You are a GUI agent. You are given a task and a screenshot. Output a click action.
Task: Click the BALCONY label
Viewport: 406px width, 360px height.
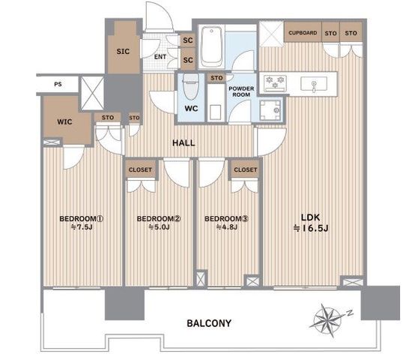[209, 323]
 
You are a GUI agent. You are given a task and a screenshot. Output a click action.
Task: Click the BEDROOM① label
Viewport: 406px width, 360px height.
[82, 219]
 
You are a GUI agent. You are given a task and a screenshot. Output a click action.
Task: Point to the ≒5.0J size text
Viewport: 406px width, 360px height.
[159, 227]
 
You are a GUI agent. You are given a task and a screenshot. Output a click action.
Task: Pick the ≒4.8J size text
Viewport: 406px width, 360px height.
[227, 227]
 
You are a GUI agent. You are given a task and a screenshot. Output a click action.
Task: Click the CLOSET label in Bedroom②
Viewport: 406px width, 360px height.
[140, 169]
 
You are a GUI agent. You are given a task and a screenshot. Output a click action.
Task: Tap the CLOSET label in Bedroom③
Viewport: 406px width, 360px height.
[245, 169]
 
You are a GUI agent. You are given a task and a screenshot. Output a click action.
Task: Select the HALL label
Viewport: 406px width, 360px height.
[184, 142]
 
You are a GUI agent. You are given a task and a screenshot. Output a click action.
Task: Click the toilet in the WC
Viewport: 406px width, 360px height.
[191, 86]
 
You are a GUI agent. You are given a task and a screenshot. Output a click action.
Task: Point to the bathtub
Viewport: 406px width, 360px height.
[212, 46]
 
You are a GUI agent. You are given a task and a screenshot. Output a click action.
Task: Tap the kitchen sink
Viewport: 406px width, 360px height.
[314, 84]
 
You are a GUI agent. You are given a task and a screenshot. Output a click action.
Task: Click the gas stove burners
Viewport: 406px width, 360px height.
[275, 82]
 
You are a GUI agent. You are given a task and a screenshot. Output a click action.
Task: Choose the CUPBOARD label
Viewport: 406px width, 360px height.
[303, 33]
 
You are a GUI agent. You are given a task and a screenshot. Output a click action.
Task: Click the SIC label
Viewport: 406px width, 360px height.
[123, 51]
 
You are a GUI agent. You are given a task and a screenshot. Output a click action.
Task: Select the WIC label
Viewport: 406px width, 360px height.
[64, 121]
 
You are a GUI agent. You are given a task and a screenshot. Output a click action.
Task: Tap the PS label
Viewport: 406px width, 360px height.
[58, 84]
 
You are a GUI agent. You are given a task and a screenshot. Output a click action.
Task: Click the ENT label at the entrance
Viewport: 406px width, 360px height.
[160, 57]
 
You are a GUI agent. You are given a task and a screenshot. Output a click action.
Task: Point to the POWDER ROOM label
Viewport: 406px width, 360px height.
[241, 91]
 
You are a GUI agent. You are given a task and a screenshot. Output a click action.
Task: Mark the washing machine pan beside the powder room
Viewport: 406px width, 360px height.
[270, 110]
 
